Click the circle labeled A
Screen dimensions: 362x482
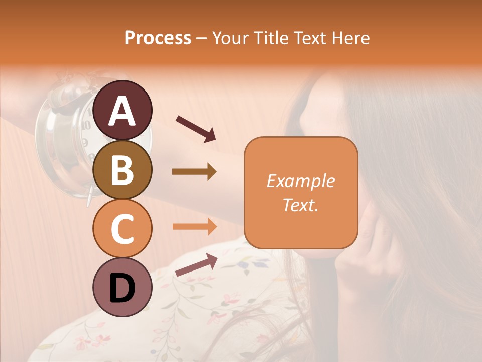122,110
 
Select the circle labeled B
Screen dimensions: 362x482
122,169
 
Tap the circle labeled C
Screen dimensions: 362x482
122,229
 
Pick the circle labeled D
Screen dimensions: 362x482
122,288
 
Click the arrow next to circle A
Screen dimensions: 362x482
195,128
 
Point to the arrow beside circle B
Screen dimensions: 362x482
194,172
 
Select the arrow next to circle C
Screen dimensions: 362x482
194,226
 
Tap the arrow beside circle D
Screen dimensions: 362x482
196,265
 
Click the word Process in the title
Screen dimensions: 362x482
158,38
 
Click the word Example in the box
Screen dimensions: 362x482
300,181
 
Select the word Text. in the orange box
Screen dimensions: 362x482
300,205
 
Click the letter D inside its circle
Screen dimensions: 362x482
122,289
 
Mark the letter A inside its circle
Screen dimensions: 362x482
122,111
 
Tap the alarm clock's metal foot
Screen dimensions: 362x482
89,196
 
